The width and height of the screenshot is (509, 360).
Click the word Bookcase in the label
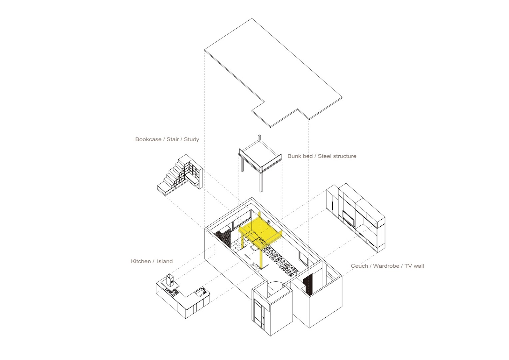[148, 139]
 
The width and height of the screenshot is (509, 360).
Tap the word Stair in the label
[173, 139]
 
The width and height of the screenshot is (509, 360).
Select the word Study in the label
[191, 139]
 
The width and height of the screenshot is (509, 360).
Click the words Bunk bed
[300, 156]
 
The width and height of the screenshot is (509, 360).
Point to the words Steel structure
[337, 156]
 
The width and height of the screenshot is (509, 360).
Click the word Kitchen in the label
[141, 261]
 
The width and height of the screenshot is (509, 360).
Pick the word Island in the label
[165, 261]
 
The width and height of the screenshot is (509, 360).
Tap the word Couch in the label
[359, 266]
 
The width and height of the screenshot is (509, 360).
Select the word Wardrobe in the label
[386, 266]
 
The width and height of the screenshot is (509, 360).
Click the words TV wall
[414, 266]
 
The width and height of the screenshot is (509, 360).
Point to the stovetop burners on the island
[173, 292]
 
